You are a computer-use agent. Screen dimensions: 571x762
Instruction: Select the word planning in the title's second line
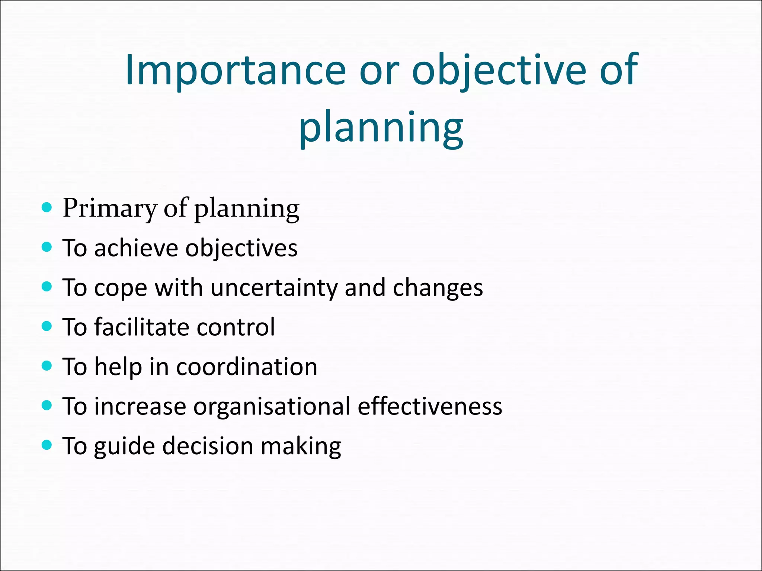pyautogui.click(x=381, y=128)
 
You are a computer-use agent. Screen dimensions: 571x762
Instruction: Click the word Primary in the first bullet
pyautogui.click(x=109, y=209)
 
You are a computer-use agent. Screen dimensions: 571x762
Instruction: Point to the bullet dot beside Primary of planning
pyautogui.click(x=47, y=207)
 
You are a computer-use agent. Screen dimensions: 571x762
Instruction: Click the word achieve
pyautogui.click(x=136, y=248)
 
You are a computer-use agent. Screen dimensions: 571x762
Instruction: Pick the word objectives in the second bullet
pyautogui.click(x=241, y=248)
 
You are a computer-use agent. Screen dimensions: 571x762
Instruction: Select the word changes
pyautogui.click(x=438, y=288)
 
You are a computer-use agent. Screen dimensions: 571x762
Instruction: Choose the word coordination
pyautogui.click(x=246, y=367)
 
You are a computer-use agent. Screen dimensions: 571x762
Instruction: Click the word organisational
pyautogui.click(x=272, y=406)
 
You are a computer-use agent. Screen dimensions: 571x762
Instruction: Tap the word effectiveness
pyautogui.click(x=430, y=406)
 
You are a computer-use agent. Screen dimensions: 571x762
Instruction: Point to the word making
pyautogui.click(x=301, y=446)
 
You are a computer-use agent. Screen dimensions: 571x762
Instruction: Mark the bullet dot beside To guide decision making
pyautogui.click(x=47, y=445)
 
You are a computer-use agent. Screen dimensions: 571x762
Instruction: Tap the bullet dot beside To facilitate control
pyautogui.click(x=47, y=326)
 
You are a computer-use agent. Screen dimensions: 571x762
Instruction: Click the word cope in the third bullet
pyautogui.click(x=121, y=288)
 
